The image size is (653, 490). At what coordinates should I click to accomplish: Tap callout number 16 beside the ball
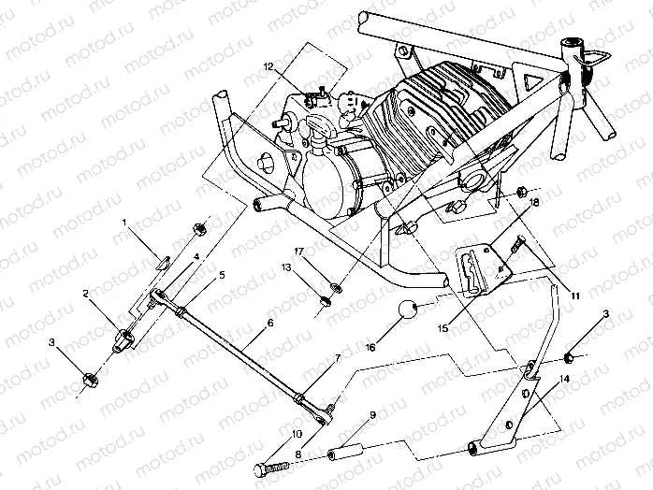(x=371, y=346)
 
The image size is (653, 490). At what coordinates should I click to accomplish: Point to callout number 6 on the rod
(x=269, y=322)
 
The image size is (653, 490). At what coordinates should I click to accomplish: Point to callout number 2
(x=85, y=293)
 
